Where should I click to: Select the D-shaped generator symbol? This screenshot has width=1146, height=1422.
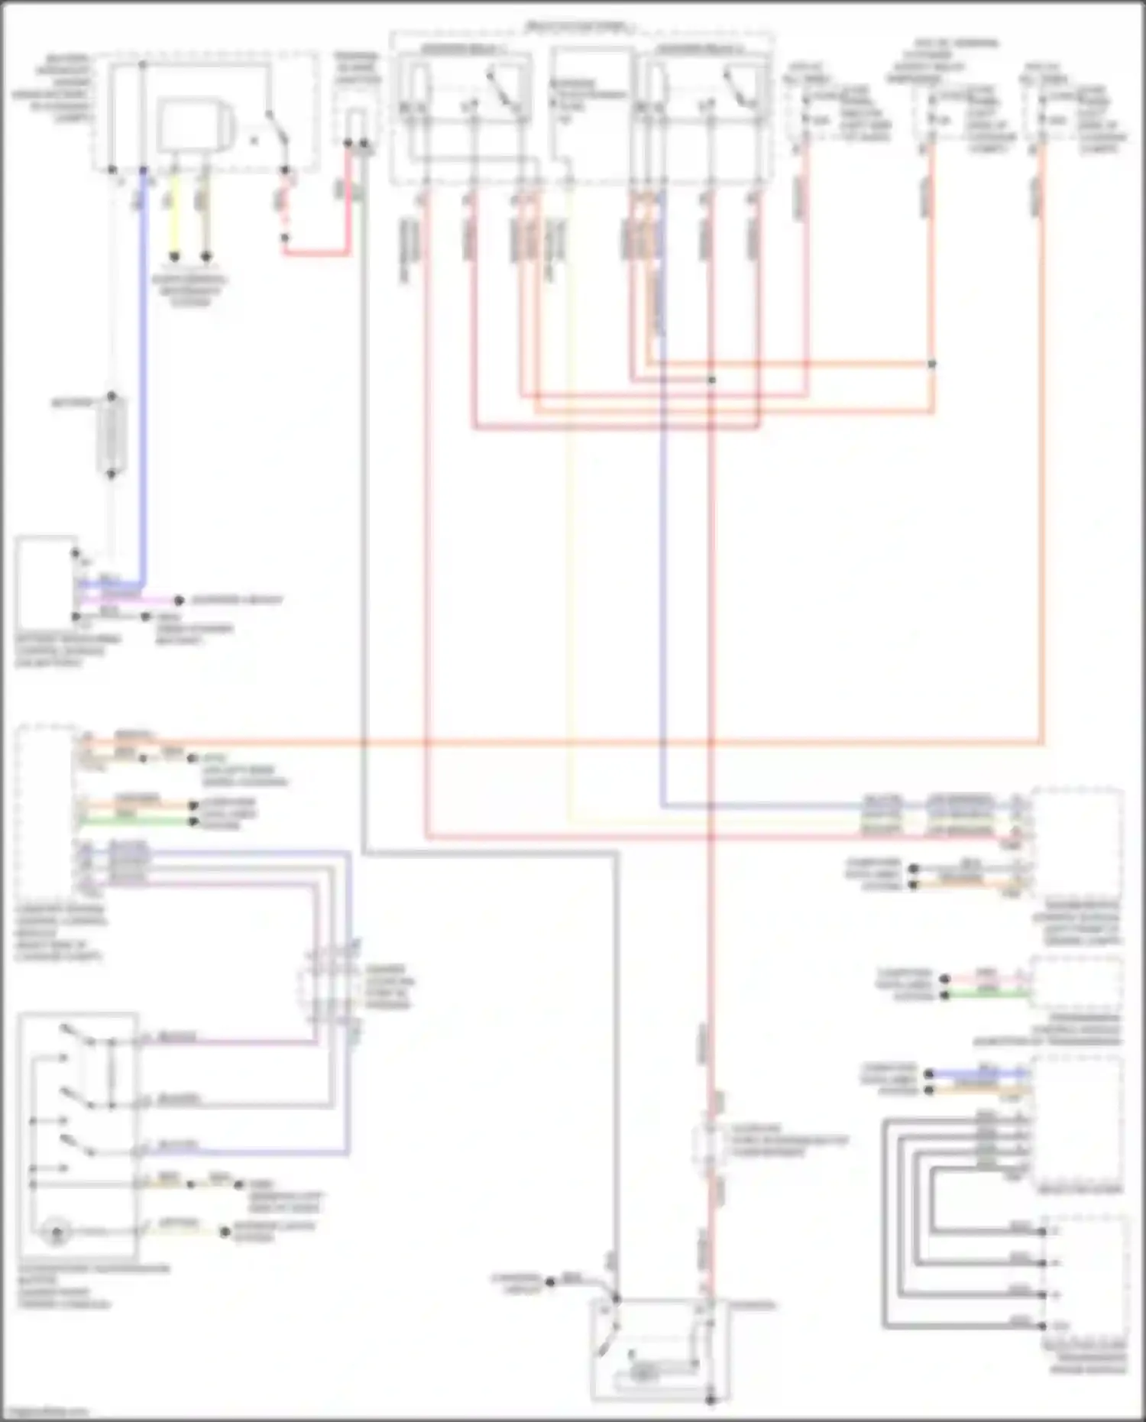tap(191, 127)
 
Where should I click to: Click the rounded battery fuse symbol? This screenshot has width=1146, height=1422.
tap(112, 436)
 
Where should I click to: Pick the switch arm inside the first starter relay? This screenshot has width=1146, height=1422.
tap(500, 88)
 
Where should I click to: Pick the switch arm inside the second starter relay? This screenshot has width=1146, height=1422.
tap(737, 88)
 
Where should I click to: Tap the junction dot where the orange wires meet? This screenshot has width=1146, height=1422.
tap(931, 364)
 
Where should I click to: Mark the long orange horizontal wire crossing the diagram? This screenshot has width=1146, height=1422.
tap(535, 741)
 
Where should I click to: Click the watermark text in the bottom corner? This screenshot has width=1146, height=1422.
tap(42, 1412)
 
